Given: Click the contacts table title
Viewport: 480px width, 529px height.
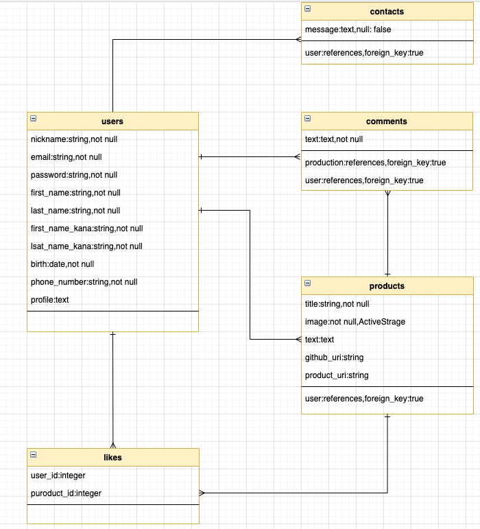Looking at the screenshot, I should click(x=387, y=12).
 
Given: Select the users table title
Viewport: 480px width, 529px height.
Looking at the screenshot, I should click(x=112, y=121).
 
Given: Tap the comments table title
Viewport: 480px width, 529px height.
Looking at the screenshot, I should click(x=387, y=121).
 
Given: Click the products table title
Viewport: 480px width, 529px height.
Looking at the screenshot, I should click(x=387, y=286).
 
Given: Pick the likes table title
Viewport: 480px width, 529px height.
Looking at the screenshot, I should click(x=112, y=458).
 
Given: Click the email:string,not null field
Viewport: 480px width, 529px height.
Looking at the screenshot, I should click(x=67, y=157).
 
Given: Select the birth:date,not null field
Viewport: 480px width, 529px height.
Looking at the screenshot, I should click(x=62, y=264).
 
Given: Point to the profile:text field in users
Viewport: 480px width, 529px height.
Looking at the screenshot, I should click(x=50, y=300).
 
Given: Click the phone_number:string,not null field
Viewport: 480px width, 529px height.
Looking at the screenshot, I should click(x=84, y=282).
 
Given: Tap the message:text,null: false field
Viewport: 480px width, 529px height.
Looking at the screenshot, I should click(x=348, y=30).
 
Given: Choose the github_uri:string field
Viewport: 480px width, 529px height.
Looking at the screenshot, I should click(x=334, y=357).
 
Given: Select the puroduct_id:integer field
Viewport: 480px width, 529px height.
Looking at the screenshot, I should click(x=67, y=493).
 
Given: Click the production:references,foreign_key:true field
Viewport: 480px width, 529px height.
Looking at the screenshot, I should click(x=375, y=163).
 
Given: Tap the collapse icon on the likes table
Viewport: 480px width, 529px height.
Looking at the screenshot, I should click(x=33, y=454).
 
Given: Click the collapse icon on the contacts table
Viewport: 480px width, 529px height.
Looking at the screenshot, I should click(x=307, y=8).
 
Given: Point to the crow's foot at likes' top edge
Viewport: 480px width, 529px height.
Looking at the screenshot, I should click(x=112, y=444).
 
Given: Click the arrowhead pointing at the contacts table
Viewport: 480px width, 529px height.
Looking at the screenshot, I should click(x=298, y=40).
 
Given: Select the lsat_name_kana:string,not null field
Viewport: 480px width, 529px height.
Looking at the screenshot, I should click(x=86, y=246).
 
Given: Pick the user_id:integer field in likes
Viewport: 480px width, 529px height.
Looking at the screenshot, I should click(x=58, y=475).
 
